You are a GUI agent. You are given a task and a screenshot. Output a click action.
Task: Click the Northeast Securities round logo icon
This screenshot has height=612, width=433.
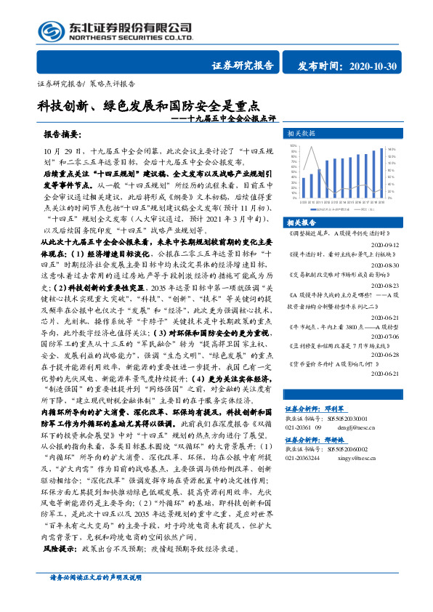coord(52,30)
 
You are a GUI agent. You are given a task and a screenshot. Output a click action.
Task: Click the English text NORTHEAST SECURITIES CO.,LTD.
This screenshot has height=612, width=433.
coord(131,37)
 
